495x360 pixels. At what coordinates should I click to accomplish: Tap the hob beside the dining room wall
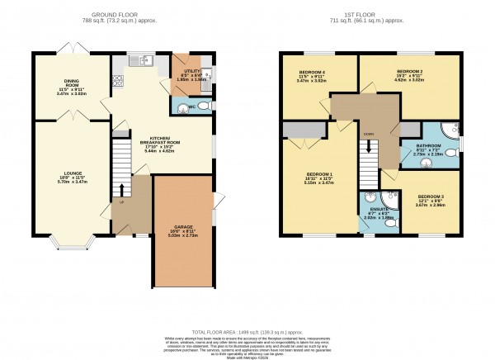(x=118, y=81)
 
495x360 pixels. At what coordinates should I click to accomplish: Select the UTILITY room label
(x=191, y=71)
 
